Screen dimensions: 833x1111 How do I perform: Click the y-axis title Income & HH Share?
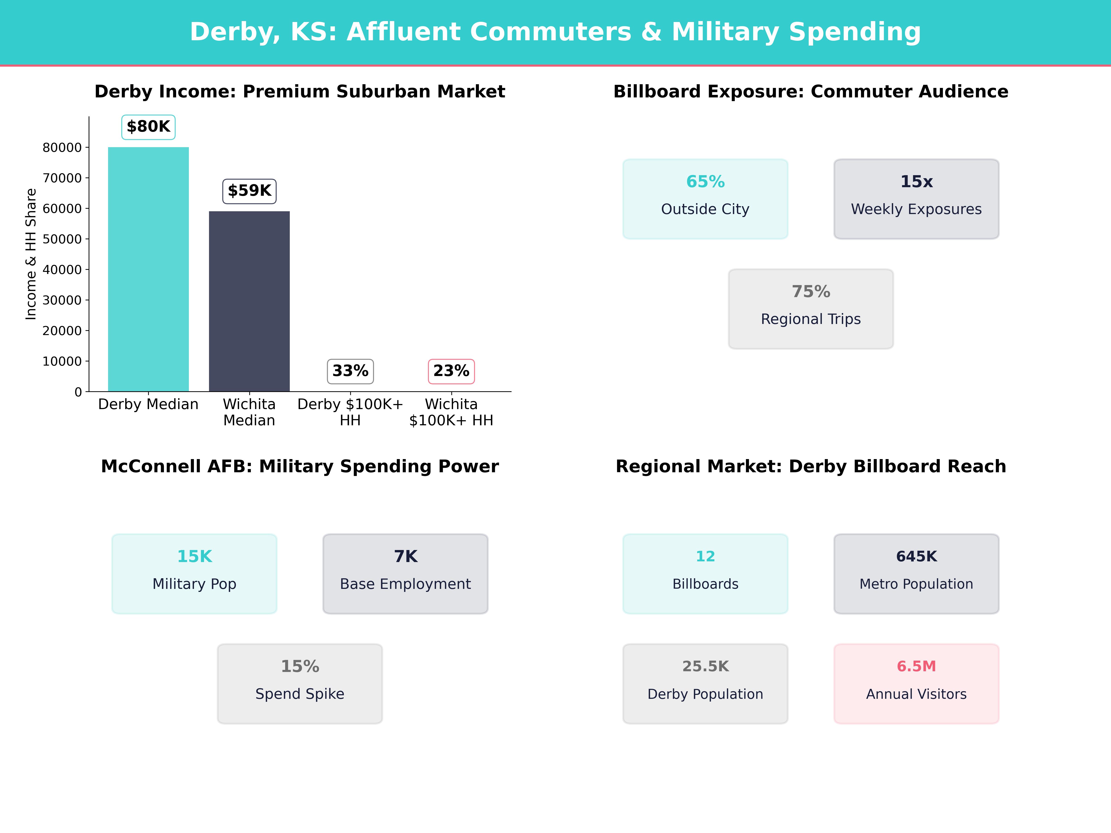(31, 254)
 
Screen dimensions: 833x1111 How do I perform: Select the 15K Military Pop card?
(194, 573)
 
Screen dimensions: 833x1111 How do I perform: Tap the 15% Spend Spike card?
(300, 683)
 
